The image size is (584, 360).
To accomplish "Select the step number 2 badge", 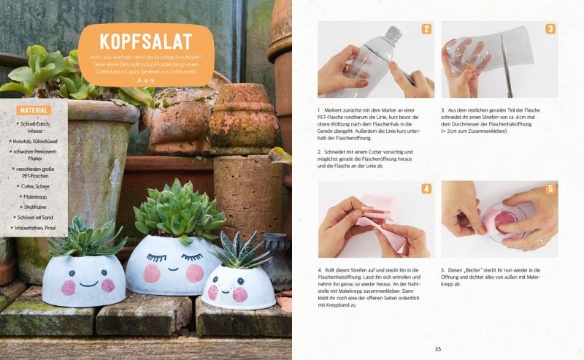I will pyautogui.click(x=426, y=29).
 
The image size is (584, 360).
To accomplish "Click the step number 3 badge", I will pyautogui.click(x=550, y=29).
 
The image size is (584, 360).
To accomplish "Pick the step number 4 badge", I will pyautogui.click(x=426, y=188).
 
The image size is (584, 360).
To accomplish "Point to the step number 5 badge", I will pyautogui.click(x=550, y=188).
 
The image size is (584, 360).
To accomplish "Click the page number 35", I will pyautogui.click(x=438, y=348).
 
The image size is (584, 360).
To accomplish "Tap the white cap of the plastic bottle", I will pyautogui.click(x=393, y=33).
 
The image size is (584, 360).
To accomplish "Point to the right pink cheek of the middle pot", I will pyautogui.click(x=195, y=273).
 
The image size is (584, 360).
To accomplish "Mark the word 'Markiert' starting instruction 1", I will pyautogui.click(x=339, y=110).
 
